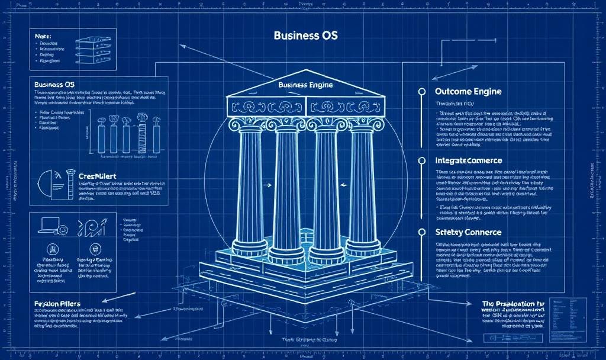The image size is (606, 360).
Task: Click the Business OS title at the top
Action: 305,36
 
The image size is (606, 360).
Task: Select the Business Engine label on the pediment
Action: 305,85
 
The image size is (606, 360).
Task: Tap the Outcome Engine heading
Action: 468,92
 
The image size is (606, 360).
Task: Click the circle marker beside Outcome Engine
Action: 422,92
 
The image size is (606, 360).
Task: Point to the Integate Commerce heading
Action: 468,160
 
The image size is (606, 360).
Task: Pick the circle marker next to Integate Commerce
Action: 422,160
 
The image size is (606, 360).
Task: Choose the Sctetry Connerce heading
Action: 468,232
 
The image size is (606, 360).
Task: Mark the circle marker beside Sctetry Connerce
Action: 422,232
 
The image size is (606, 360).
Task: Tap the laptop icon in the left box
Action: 47,225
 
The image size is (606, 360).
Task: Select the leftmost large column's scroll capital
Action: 249,124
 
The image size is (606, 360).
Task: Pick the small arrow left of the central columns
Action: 267,185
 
